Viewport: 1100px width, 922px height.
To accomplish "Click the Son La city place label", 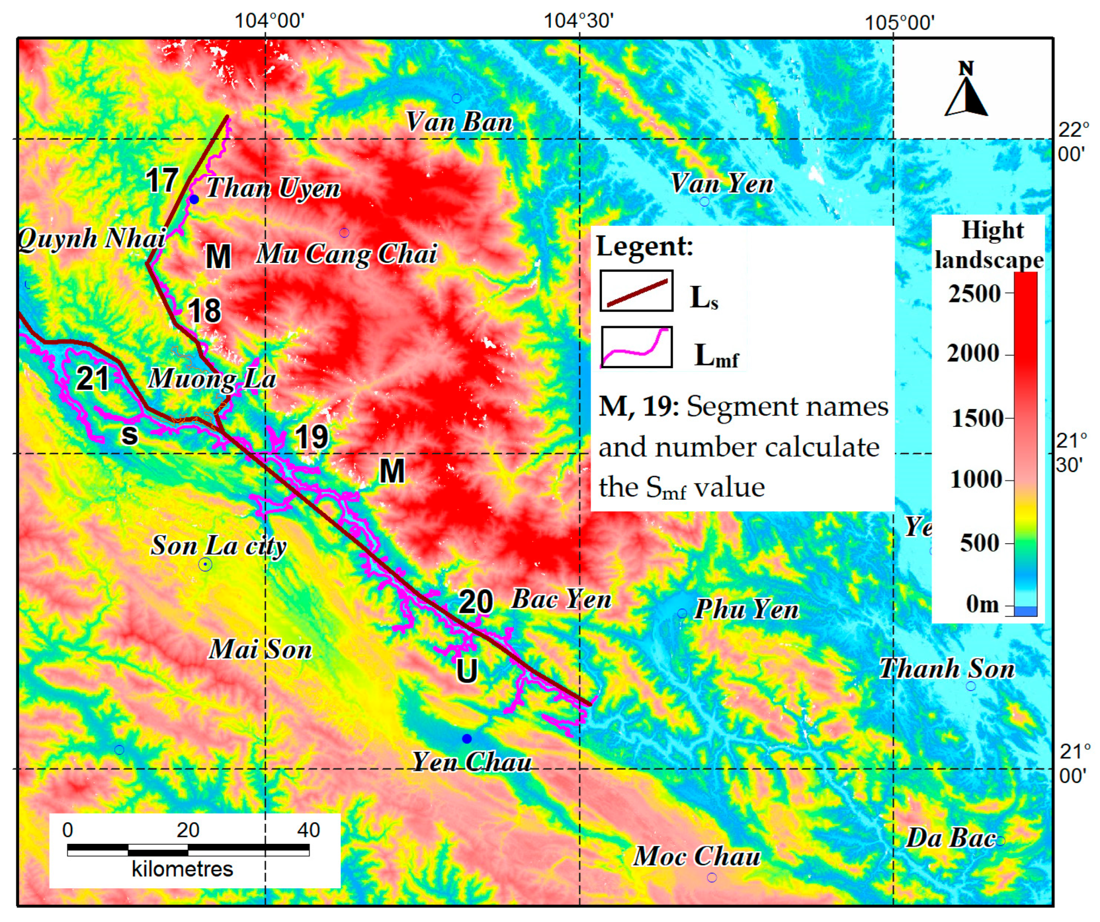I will pyautogui.click(x=218, y=546).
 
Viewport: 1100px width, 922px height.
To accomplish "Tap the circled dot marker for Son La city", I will pyautogui.click(x=205, y=565).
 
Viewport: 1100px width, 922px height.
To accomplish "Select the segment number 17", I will pyautogui.click(x=162, y=180).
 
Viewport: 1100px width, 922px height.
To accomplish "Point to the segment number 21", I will pyautogui.click(x=93, y=378).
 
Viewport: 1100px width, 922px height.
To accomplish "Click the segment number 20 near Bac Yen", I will pyautogui.click(x=476, y=601).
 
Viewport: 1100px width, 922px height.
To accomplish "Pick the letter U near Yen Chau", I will pyautogui.click(x=466, y=670).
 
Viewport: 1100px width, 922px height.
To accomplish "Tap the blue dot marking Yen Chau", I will pyautogui.click(x=466, y=739).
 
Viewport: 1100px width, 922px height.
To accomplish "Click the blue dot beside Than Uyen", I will pyautogui.click(x=194, y=200).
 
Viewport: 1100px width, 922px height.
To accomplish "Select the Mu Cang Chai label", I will pyautogui.click(x=346, y=254).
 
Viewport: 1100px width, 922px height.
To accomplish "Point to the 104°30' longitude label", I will pyautogui.click(x=579, y=21).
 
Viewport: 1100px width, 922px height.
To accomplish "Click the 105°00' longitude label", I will pyautogui.click(x=899, y=23).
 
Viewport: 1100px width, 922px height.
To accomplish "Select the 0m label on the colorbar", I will pyautogui.click(x=982, y=604).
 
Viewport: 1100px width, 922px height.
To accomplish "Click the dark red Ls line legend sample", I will pyautogui.click(x=636, y=291).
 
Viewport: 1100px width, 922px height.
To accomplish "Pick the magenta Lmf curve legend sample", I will pyautogui.click(x=636, y=347).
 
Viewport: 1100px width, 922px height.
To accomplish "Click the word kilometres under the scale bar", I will pyautogui.click(x=182, y=869).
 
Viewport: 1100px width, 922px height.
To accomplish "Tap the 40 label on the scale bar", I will pyautogui.click(x=308, y=830).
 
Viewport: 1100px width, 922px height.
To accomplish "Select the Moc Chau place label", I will pyautogui.click(x=697, y=856).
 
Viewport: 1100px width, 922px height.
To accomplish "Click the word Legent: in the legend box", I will pyautogui.click(x=644, y=246).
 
